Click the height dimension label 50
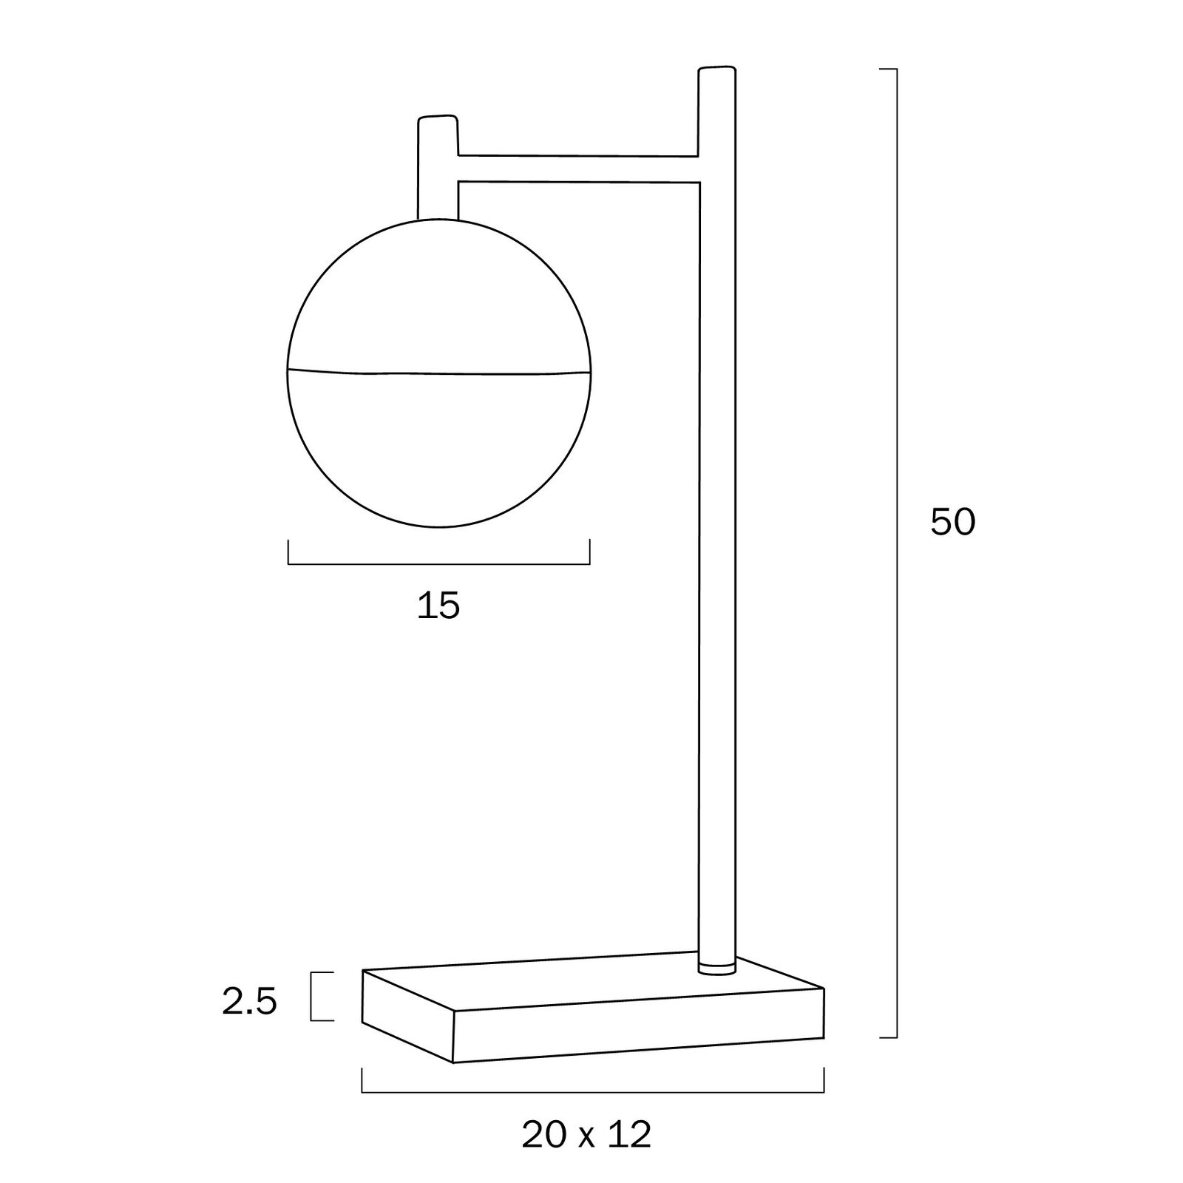tap(953, 522)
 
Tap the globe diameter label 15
tap(438, 606)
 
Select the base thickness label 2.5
tap(249, 1003)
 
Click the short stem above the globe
tap(438, 168)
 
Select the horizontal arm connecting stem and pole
tap(578, 169)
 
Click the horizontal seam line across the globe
tap(439, 372)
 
